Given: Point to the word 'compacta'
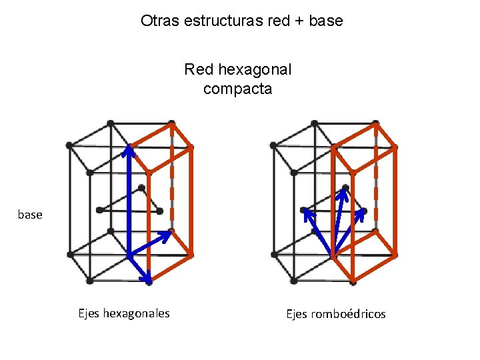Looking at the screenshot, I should pyautogui.click(x=238, y=89).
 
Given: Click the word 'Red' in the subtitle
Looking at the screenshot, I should pyautogui.click(x=198, y=69).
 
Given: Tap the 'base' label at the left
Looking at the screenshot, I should pyautogui.click(x=30, y=215).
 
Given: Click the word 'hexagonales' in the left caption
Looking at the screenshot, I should pyautogui.click(x=137, y=313).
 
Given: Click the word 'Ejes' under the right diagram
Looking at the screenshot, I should pyautogui.click(x=297, y=314).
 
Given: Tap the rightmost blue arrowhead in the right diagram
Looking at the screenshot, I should pyautogui.click(x=363, y=213).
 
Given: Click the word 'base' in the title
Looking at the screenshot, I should pyautogui.click(x=326, y=21).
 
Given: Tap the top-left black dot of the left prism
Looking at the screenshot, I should pyautogui.click(x=69, y=145).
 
